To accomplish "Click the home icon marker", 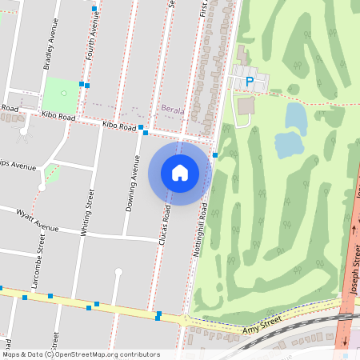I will click(180, 173).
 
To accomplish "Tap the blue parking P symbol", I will click(250, 81).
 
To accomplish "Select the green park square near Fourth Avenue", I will click(62, 94).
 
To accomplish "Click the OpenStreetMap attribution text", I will click(81, 354).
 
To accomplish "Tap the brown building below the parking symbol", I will click(246, 105).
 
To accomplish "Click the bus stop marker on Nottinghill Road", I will click(215, 155).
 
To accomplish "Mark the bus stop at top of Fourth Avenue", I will click(94, 8).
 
